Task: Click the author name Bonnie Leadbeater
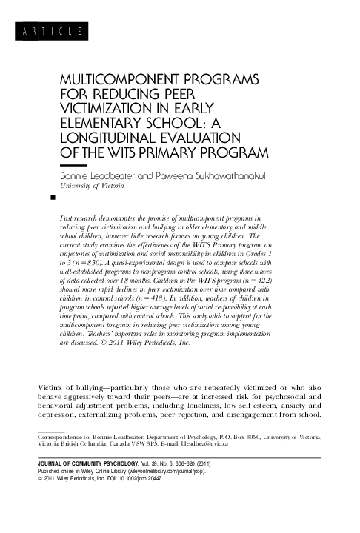coord(96,176)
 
